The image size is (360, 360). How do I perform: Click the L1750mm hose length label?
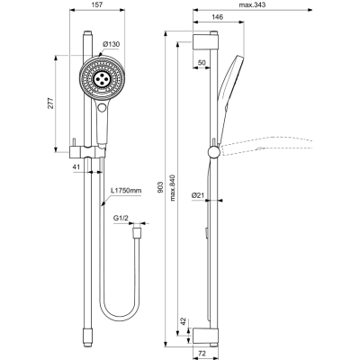pyautogui.click(x=127, y=191)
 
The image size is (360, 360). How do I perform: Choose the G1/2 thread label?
pyautogui.click(x=121, y=218)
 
